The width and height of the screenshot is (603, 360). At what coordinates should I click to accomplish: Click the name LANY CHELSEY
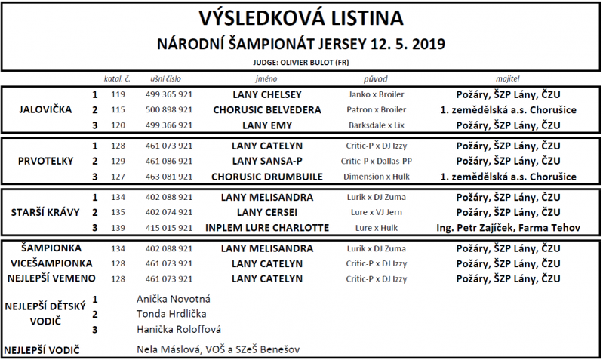pos(267,95)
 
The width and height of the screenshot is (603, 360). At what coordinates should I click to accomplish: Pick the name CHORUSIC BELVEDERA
pos(267,110)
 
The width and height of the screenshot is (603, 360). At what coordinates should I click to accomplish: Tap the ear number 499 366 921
pos(168,125)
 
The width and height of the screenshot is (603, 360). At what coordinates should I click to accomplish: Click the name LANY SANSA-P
pos(267,161)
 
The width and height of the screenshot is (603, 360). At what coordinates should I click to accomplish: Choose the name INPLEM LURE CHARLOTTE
pos(267,227)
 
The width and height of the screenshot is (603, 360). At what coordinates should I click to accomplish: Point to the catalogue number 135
pos(118,212)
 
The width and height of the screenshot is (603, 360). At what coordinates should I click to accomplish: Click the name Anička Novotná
pos(174,299)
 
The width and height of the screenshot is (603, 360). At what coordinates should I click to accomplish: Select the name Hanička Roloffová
pos(179,329)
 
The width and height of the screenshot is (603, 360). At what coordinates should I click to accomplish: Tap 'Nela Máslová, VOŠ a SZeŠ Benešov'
pos(217,350)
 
